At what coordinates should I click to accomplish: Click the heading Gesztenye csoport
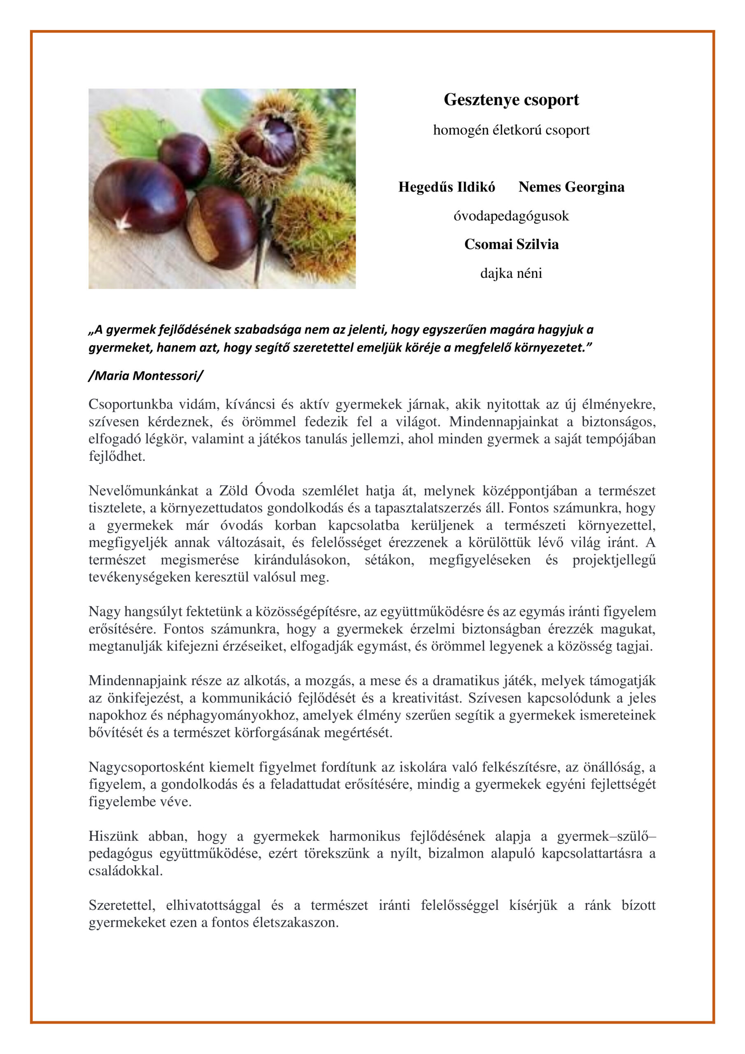click(511, 100)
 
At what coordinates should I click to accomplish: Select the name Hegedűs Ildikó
click(446, 187)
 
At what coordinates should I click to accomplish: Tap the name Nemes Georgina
click(571, 187)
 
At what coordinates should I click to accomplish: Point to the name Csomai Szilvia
click(511, 244)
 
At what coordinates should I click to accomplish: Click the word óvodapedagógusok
click(511, 216)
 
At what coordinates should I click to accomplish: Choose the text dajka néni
click(511, 274)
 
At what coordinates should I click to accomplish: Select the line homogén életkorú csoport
click(511, 130)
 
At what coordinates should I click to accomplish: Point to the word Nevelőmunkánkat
click(143, 491)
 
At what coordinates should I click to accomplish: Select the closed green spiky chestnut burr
click(317, 229)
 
